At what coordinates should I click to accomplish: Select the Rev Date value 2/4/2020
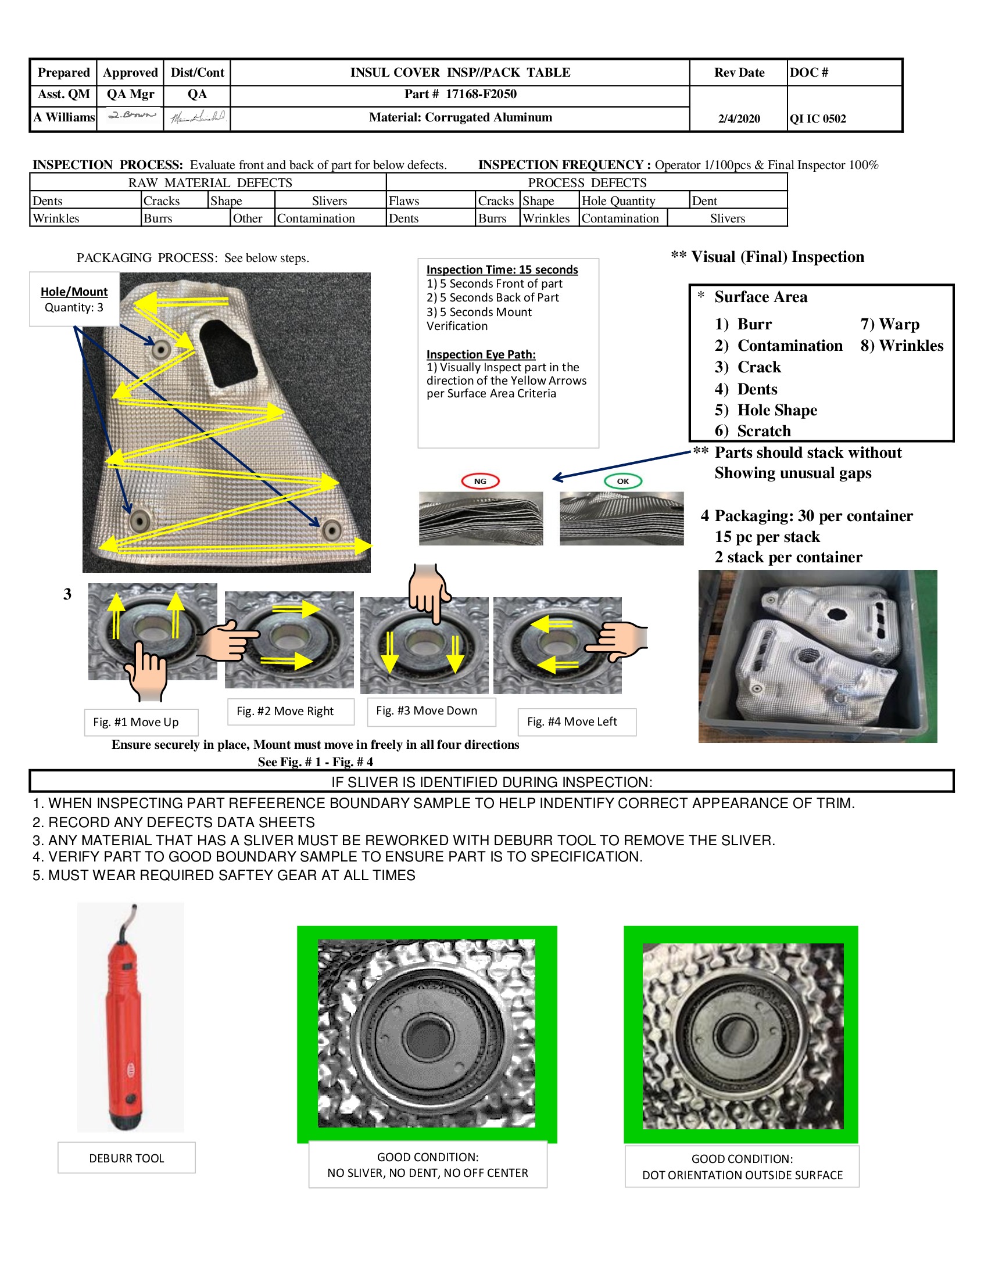point(739,119)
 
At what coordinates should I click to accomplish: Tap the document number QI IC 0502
point(818,119)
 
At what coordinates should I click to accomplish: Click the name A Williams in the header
point(64,117)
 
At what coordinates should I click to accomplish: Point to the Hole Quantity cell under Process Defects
point(618,202)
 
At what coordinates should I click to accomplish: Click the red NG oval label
point(480,482)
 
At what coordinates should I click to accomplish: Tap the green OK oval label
point(623,482)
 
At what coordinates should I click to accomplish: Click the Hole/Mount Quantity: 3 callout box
point(74,299)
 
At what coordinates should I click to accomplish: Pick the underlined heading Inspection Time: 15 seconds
point(502,270)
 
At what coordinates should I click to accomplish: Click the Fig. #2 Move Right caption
point(285,711)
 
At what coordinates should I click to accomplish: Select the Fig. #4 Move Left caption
point(572,721)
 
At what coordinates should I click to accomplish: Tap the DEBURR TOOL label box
point(127,1158)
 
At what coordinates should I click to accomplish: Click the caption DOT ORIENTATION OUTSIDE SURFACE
point(742,1175)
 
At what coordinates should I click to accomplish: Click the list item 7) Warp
point(890,324)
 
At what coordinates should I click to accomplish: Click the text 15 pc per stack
point(767,537)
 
